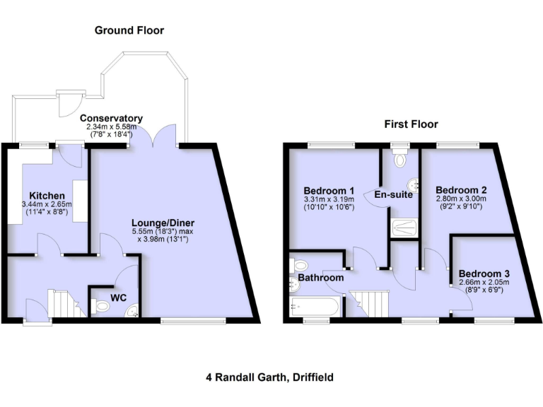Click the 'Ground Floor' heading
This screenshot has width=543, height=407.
129,30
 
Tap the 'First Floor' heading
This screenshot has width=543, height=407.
411,124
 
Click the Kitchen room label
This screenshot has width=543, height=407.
47,196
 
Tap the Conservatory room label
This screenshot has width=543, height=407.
111,118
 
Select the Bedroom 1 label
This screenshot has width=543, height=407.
329,191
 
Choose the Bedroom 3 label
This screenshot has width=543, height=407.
483,273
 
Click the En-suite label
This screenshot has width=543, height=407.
393,195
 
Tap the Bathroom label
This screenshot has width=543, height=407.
320,278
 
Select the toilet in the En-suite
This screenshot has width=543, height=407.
401,159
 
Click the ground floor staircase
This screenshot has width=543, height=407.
66,303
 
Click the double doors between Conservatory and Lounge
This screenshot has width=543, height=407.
157,136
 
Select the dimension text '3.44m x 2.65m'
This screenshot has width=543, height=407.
47,205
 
